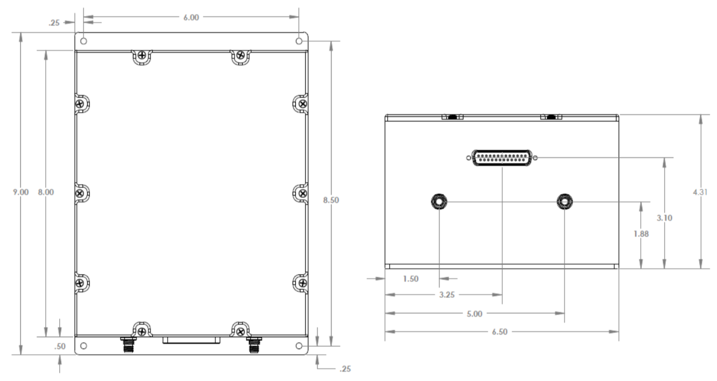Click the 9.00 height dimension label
[21, 192]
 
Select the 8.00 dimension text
[46, 192]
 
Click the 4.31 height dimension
[701, 192]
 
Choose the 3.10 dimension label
[665, 218]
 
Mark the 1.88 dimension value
[641, 233]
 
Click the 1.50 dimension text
[411, 279]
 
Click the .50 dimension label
[60, 347]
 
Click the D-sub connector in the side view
[503, 158]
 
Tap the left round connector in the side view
[439, 201]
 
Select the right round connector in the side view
[564, 201]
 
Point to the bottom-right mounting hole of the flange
[299, 346]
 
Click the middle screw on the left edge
[79, 193]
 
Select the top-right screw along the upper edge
[240, 54]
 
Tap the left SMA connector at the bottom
[126, 344]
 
